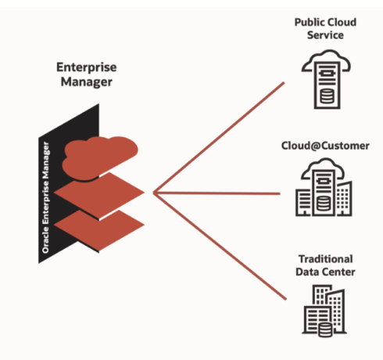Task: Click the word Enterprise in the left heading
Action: click(87, 67)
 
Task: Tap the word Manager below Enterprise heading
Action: click(87, 82)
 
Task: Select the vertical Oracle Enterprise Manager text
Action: click(45, 197)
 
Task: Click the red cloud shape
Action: click(100, 158)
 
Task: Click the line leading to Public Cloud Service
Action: click(219, 138)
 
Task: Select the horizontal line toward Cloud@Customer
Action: click(217, 193)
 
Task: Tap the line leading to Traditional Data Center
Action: click(220, 246)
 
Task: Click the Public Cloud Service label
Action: click(325, 29)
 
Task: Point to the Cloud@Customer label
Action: click(325, 146)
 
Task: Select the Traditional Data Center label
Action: click(325, 265)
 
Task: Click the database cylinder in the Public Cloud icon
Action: click(327, 95)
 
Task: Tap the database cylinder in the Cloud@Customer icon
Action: click(324, 203)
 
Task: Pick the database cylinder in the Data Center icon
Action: click(325, 329)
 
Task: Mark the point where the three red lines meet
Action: click(154, 193)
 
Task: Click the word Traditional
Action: click(326, 259)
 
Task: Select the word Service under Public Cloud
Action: click(325, 35)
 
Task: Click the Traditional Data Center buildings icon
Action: click(324, 311)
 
